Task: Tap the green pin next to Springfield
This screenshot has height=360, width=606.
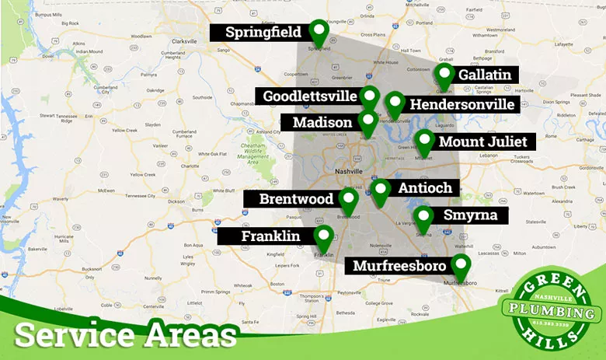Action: click(x=319, y=31)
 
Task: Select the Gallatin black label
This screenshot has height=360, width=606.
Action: click(x=485, y=75)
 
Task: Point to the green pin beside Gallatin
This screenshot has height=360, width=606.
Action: click(x=444, y=76)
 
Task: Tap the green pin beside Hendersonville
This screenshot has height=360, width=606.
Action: click(x=395, y=105)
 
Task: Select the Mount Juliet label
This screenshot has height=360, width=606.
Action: click(x=482, y=142)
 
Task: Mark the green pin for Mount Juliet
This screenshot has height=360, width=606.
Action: click(x=423, y=142)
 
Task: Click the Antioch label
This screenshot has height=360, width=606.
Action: click(x=424, y=188)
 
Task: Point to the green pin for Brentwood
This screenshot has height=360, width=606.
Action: click(x=348, y=201)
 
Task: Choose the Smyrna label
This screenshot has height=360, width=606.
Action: click(x=465, y=215)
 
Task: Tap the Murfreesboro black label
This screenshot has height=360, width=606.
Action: click(x=399, y=266)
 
